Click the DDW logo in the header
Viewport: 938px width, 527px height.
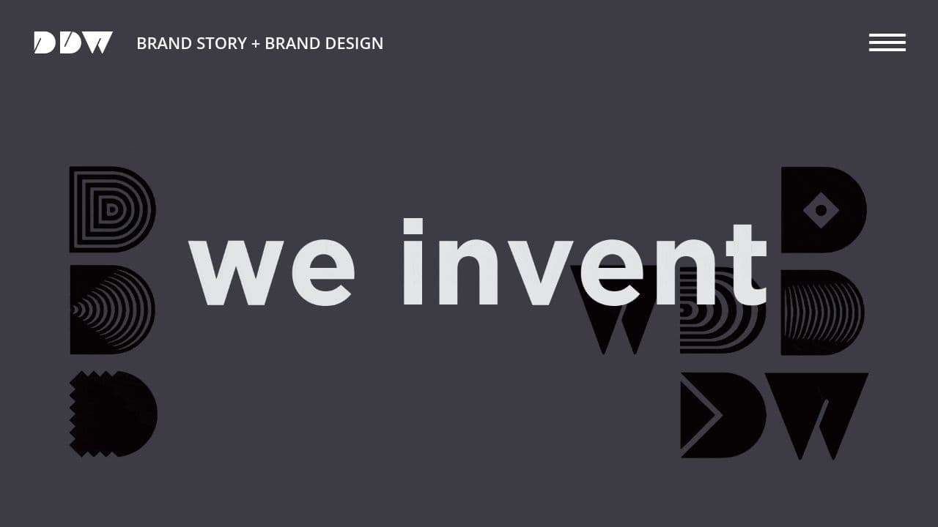click(73, 42)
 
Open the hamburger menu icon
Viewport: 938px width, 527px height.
click(887, 42)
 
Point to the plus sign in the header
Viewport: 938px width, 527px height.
click(255, 44)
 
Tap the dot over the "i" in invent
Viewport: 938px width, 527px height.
click(413, 227)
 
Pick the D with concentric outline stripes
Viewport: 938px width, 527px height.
click(111, 209)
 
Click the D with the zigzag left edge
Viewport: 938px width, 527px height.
click(113, 414)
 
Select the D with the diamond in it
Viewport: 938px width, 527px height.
click(823, 210)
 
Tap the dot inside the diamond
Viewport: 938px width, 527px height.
click(821, 211)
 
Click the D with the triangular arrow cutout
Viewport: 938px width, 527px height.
click(722, 415)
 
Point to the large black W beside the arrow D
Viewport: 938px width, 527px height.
click(816, 414)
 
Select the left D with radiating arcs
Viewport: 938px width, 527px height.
click(112, 310)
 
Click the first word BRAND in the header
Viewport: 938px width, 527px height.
click(165, 43)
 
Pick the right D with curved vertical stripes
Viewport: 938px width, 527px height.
click(822, 313)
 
